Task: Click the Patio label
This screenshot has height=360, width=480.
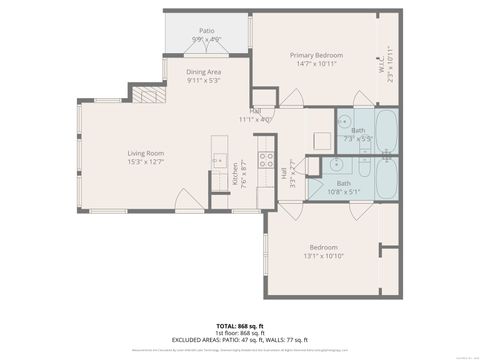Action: (206, 31)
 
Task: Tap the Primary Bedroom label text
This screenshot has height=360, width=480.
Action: (316, 55)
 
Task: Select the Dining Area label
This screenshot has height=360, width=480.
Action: (204, 73)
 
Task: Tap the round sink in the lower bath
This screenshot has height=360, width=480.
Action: (330, 167)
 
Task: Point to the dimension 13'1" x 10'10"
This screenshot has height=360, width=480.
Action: (322, 255)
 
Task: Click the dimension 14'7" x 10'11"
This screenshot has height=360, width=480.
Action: (316, 63)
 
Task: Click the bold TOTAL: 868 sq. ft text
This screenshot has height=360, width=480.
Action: (240, 326)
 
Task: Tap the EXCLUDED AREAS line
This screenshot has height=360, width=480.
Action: (240, 340)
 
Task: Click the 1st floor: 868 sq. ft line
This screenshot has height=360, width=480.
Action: (240, 333)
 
